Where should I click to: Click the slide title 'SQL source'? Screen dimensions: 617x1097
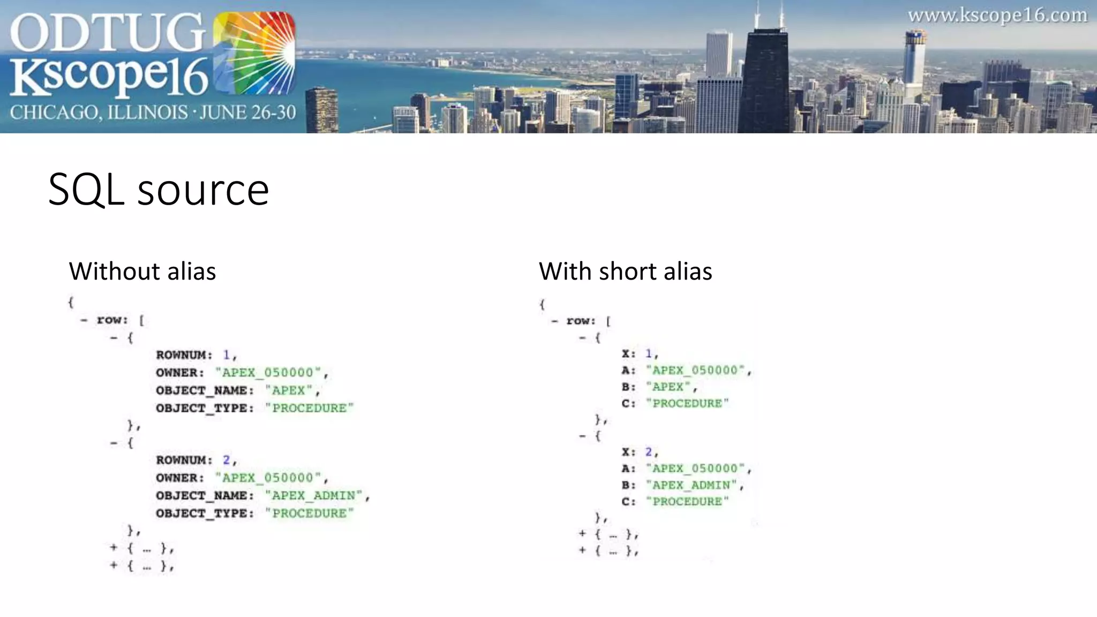pos(159,190)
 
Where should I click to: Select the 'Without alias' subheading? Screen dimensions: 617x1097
pos(142,271)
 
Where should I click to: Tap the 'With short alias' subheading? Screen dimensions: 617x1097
pos(625,271)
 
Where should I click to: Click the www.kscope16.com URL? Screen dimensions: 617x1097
pos(997,16)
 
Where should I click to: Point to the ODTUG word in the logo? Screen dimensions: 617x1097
pos(107,33)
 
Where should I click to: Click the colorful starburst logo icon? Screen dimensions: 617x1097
pos(254,53)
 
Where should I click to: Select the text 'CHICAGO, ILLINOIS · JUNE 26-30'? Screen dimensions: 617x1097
pos(153,112)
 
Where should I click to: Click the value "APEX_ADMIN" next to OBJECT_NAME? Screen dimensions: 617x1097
pos(313,496)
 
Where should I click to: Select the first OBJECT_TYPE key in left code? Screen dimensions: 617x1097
pos(205,408)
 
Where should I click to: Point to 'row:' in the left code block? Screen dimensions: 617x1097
pos(112,320)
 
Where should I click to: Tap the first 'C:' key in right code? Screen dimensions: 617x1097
pos(628,403)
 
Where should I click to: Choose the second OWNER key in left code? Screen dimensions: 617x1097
pos(180,478)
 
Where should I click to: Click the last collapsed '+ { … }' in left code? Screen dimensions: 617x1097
pos(142,566)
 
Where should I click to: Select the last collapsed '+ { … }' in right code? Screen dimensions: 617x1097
pos(609,551)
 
